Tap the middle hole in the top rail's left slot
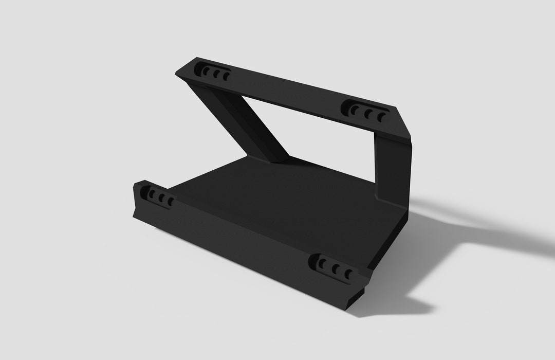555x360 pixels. pos(216,74)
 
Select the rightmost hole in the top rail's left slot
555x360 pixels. pos(225,77)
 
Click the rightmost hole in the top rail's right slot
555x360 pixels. pos(381,117)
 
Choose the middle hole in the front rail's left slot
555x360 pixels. pos(161,197)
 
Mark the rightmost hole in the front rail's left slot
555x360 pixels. pos(170,201)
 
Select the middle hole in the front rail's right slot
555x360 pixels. pos(335,268)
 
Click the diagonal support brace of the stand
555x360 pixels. pos(242,123)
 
